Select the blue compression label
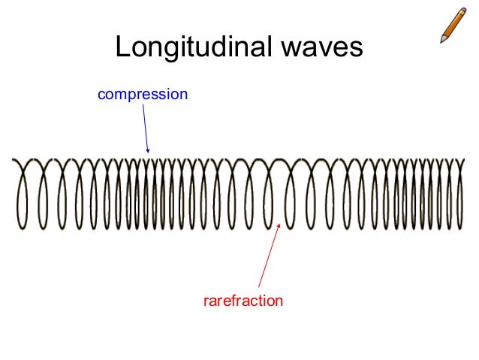[x=142, y=95]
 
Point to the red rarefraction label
[x=243, y=301]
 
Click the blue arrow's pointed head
[x=149, y=152]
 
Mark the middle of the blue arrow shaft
[x=146, y=128]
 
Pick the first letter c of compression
[x=101, y=95]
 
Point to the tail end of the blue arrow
[x=143, y=104]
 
